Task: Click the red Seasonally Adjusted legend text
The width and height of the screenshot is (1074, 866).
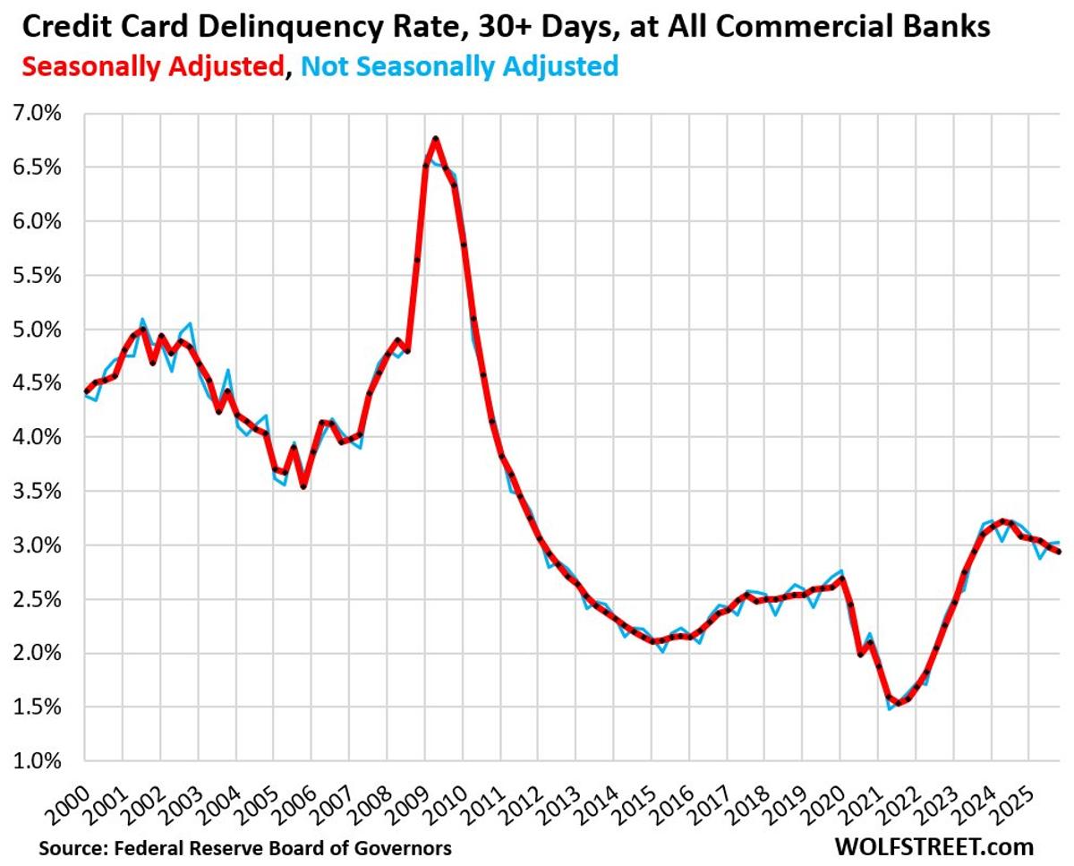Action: pyautogui.click(x=150, y=66)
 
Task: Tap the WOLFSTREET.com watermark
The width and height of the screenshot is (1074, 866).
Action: pyautogui.click(x=933, y=846)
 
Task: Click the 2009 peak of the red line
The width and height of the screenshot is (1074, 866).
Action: pyautogui.click(x=435, y=139)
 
